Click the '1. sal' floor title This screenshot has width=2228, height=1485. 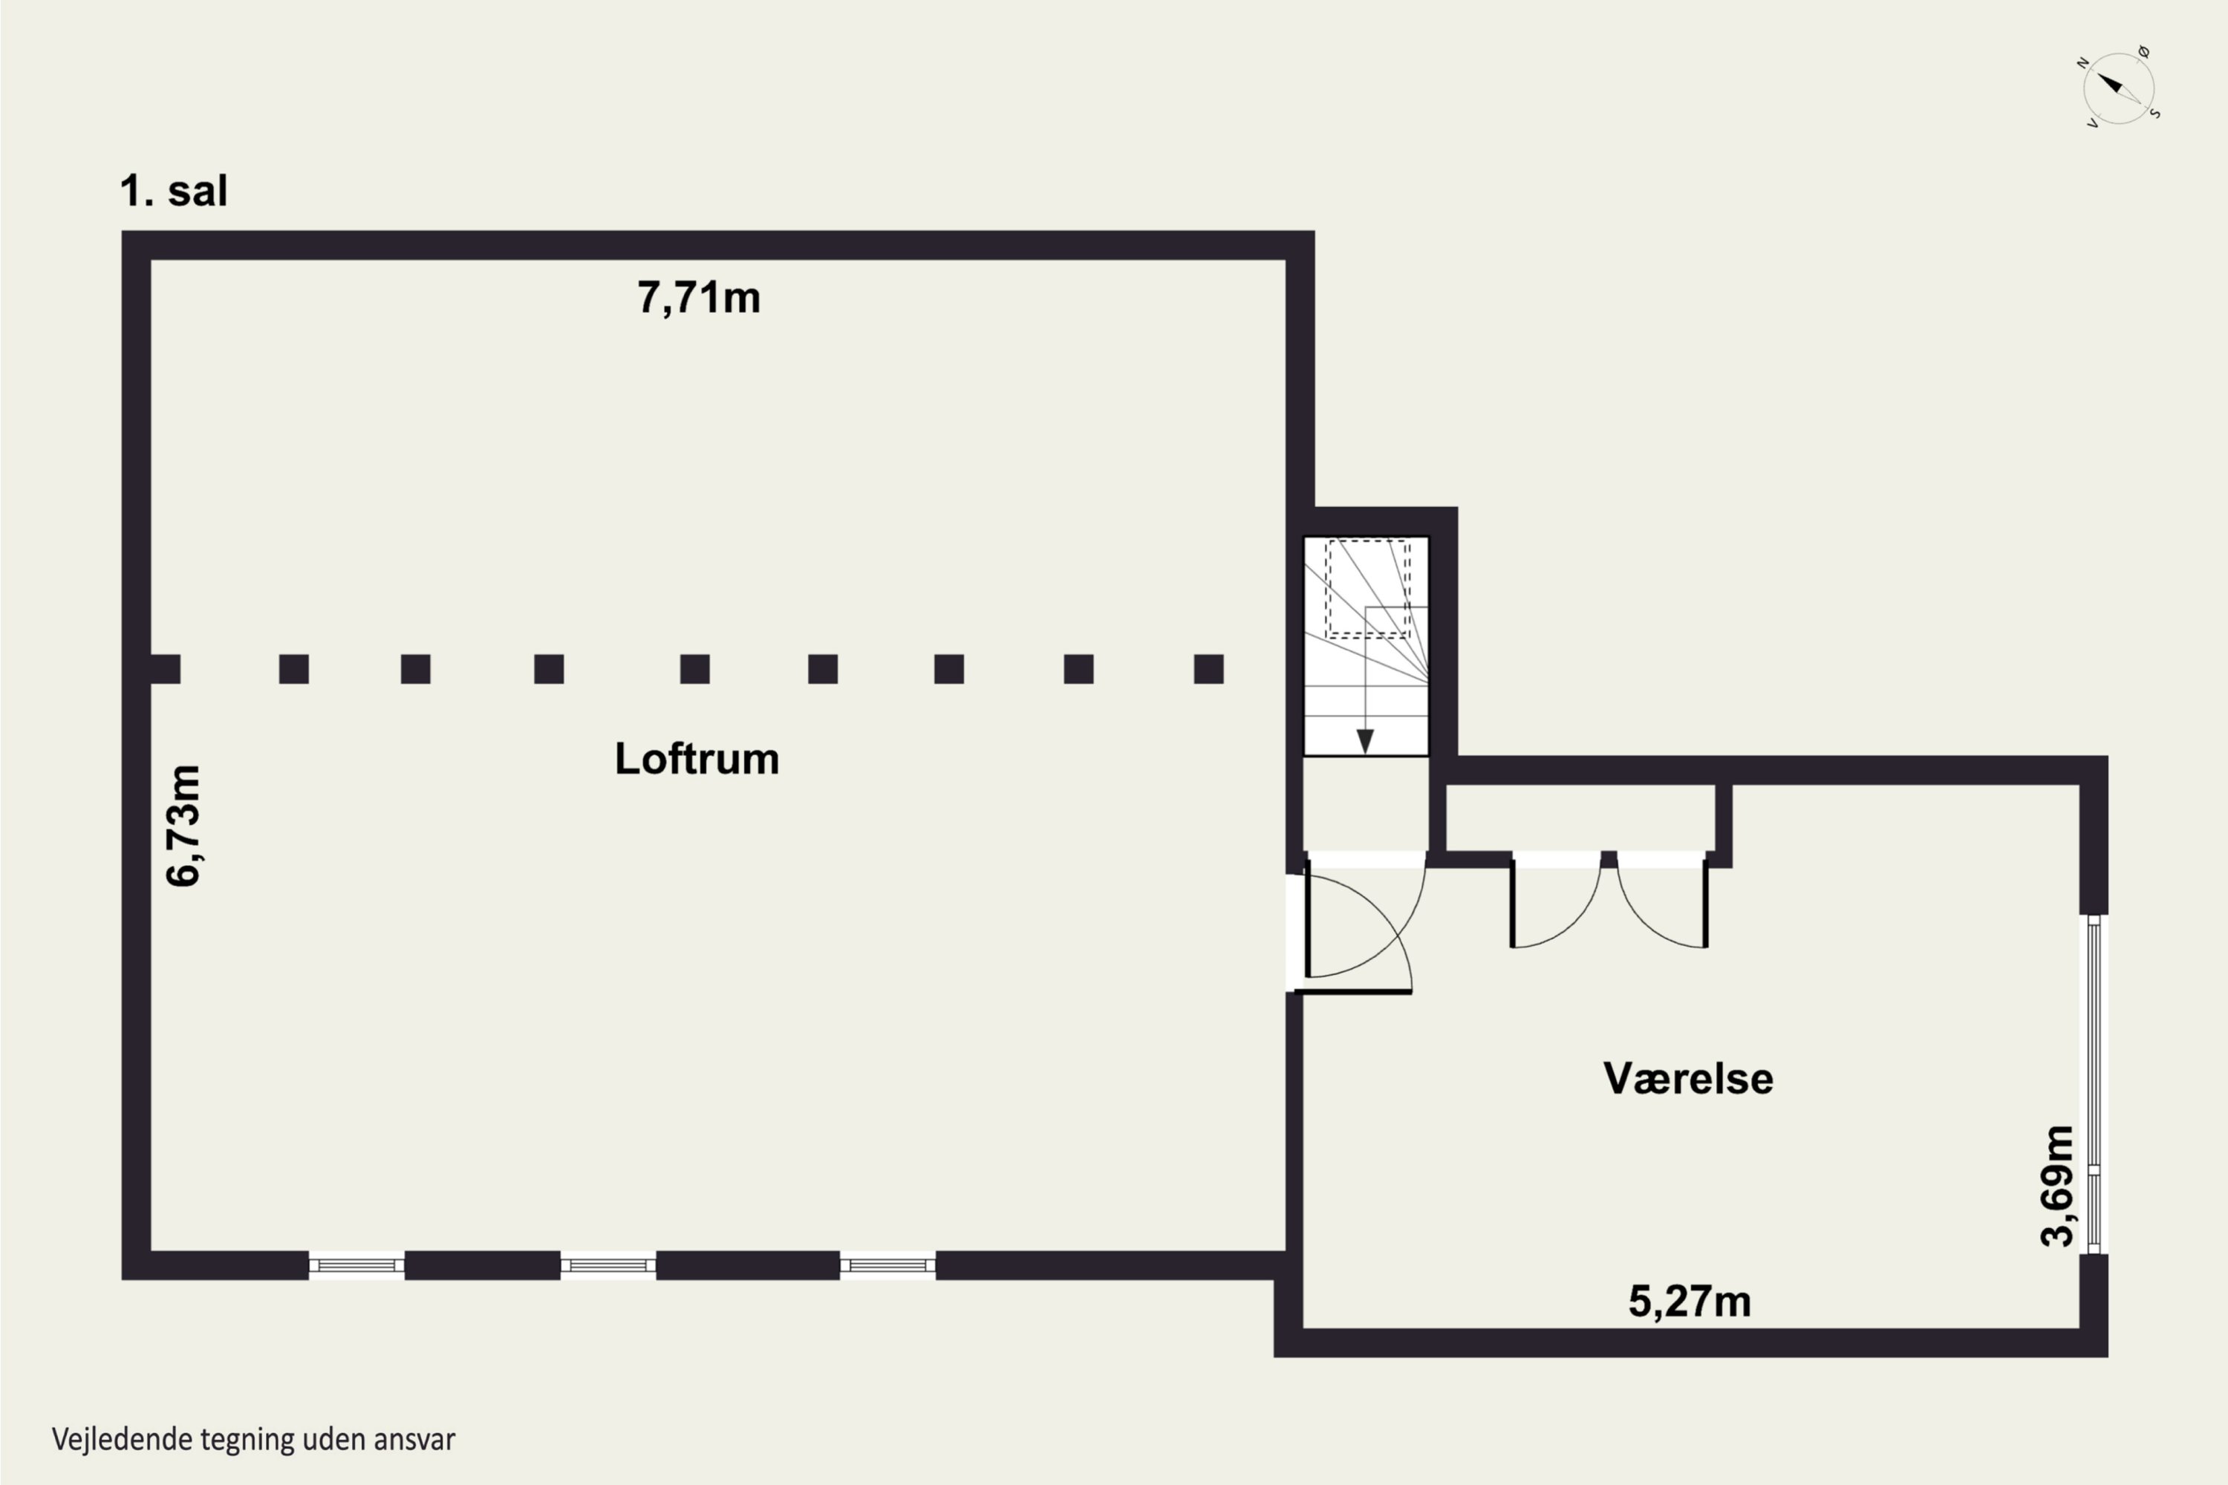coord(173,192)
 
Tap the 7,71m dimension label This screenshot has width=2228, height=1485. coord(698,298)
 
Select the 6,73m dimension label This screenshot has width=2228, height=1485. coord(183,825)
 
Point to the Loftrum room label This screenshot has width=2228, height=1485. coord(697,759)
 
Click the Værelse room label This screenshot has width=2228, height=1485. coord(1688,1078)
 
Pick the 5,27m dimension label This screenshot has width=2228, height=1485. coord(1689,1302)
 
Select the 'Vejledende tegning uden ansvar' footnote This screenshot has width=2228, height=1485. coord(254,1440)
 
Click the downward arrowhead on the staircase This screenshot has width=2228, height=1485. coord(1365,740)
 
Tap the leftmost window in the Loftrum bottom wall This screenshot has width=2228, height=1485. coord(357,1265)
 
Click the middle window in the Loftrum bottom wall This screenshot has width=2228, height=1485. coord(608,1265)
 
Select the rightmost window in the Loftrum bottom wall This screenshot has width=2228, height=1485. coord(887,1265)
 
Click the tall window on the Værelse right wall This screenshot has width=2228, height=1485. coord(2094,1083)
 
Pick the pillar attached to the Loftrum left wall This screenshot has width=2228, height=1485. coord(165,669)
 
